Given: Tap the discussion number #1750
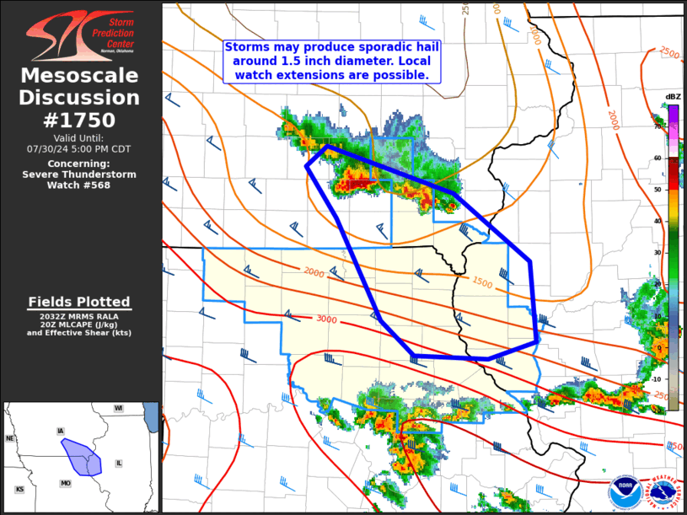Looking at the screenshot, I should [80, 120].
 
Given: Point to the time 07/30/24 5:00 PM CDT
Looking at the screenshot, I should [80, 148].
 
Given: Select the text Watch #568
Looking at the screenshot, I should [80, 185].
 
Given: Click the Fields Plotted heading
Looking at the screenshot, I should [79, 302].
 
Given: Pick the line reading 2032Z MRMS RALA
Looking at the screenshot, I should [79, 315].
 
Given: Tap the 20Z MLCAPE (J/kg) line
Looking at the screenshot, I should [79, 324].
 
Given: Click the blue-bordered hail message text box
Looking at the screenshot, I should [332, 62].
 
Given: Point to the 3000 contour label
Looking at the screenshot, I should [327, 319].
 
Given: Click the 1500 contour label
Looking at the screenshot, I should [482, 282].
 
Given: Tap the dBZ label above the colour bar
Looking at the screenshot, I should [673, 97].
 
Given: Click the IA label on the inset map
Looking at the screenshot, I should [60, 431].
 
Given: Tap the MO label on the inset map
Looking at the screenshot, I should [65, 483].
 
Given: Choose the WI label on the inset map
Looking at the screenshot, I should [119, 408].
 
